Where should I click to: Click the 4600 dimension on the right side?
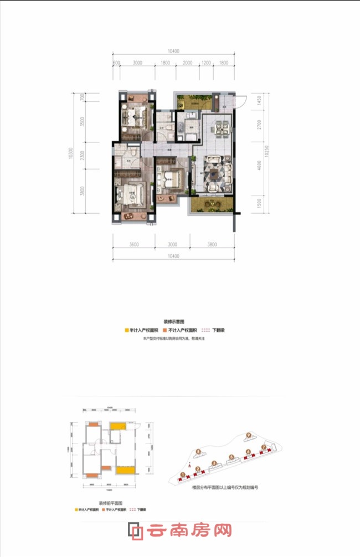pos(258,167)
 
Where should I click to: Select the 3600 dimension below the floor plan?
pos(131,244)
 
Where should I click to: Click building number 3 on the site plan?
pos(214,463)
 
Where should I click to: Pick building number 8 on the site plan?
pos(199,451)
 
